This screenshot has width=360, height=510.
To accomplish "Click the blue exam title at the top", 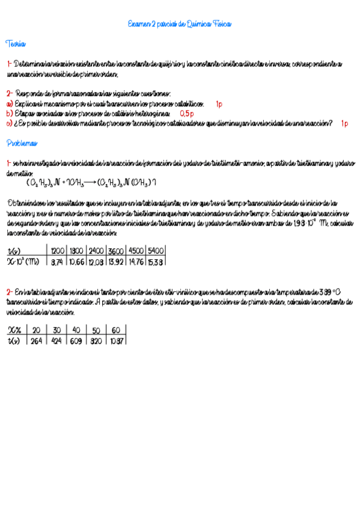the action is click(180, 24).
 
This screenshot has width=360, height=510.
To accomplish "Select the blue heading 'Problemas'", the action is click(22, 143).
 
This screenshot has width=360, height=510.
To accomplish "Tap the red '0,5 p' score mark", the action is click(186, 113).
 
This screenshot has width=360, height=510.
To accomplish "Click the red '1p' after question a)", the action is click(219, 104).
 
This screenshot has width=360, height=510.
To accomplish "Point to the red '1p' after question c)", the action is click(344, 123).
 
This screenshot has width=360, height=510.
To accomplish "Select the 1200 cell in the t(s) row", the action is click(58, 251).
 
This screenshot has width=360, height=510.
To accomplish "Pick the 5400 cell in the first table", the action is click(156, 251).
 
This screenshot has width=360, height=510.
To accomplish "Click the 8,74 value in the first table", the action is click(58, 262).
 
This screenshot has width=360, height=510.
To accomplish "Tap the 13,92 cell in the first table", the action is click(116, 262).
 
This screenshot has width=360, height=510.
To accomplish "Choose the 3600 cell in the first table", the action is click(116, 251).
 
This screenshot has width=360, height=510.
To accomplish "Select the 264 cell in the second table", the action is click(36, 340).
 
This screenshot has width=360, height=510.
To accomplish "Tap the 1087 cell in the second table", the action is click(117, 340).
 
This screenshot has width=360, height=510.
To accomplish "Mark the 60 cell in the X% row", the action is click(116, 330).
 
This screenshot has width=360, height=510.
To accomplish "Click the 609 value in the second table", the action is click(76, 340).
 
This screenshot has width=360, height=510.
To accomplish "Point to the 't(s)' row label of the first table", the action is click(14, 251).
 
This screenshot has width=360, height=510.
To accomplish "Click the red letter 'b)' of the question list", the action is click(10, 113).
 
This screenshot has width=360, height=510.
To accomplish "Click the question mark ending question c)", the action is click(331, 123).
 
